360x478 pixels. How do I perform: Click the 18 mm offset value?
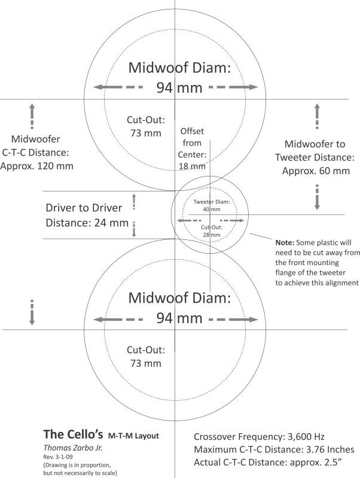192,166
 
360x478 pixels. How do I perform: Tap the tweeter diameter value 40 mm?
212,209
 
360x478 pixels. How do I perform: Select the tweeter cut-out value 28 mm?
212,235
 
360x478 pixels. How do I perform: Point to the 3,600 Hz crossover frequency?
306,437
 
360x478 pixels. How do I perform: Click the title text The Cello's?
73,434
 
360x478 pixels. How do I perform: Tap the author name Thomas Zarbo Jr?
73,448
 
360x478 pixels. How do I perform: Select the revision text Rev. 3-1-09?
58,457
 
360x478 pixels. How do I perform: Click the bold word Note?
285,243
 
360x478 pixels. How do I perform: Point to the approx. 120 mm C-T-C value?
37,166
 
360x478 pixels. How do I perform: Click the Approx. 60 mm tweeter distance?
316,171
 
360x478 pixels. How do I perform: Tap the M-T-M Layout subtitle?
133,436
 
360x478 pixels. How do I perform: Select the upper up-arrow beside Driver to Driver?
134,202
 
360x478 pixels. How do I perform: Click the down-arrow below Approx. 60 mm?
317,197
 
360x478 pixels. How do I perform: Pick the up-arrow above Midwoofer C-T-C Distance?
32,116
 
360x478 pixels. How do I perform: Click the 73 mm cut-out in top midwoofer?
146,133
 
